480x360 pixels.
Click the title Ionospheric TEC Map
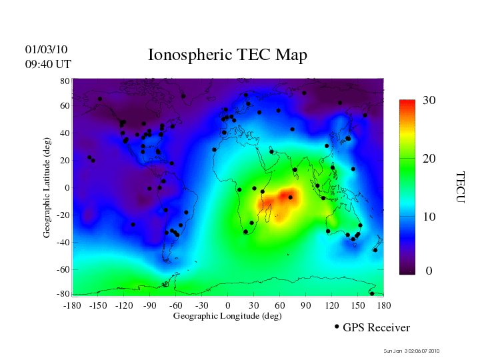click(227, 55)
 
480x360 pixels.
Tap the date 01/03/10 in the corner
click(47, 49)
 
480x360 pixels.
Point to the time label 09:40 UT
click(48, 64)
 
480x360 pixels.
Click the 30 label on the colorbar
click(429, 101)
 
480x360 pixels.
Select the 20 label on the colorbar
click(429, 160)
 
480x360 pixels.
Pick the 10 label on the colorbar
click(429, 217)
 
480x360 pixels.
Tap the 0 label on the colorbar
click(429, 271)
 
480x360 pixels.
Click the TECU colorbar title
click(461, 187)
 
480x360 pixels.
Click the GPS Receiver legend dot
click(337, 327)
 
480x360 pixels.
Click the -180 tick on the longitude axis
click(71, 305)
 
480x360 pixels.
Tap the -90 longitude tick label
click(149, 305)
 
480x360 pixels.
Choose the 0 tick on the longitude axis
click(228, 305)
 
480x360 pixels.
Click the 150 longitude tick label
click(358, 305)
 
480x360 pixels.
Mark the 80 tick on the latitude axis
click(65, 81)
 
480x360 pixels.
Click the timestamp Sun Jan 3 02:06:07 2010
click(411, 351)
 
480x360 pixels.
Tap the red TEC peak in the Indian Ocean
click(287, 196)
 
